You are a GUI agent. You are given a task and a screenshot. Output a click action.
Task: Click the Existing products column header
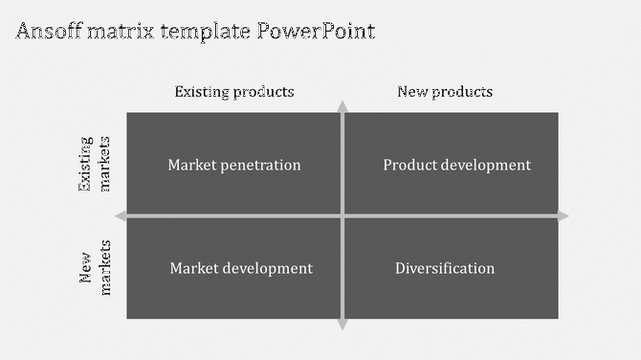point(233,92)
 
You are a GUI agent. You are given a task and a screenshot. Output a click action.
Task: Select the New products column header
point(445,92)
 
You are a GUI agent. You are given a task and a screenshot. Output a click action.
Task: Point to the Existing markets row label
point(96,165)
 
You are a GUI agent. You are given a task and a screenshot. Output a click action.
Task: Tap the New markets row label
point(96,268)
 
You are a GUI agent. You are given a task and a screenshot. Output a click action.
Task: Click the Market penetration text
point(234,165)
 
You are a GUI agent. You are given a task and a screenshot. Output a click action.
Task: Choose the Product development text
point(456,165)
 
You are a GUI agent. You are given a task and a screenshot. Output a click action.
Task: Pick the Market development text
point(241,268)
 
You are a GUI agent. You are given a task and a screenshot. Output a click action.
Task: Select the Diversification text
point(445,268)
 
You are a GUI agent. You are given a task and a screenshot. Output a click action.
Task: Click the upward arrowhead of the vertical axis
point(343,105)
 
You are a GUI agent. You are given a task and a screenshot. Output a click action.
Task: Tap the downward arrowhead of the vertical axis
point(343,326)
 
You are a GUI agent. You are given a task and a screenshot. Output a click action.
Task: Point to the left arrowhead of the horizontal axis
point(121,216)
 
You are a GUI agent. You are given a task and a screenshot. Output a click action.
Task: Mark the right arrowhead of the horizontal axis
point(564,216)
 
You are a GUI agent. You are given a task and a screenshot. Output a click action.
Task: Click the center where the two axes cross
point(343,216)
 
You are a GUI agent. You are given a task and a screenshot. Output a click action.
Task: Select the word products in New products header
point(461,92)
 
